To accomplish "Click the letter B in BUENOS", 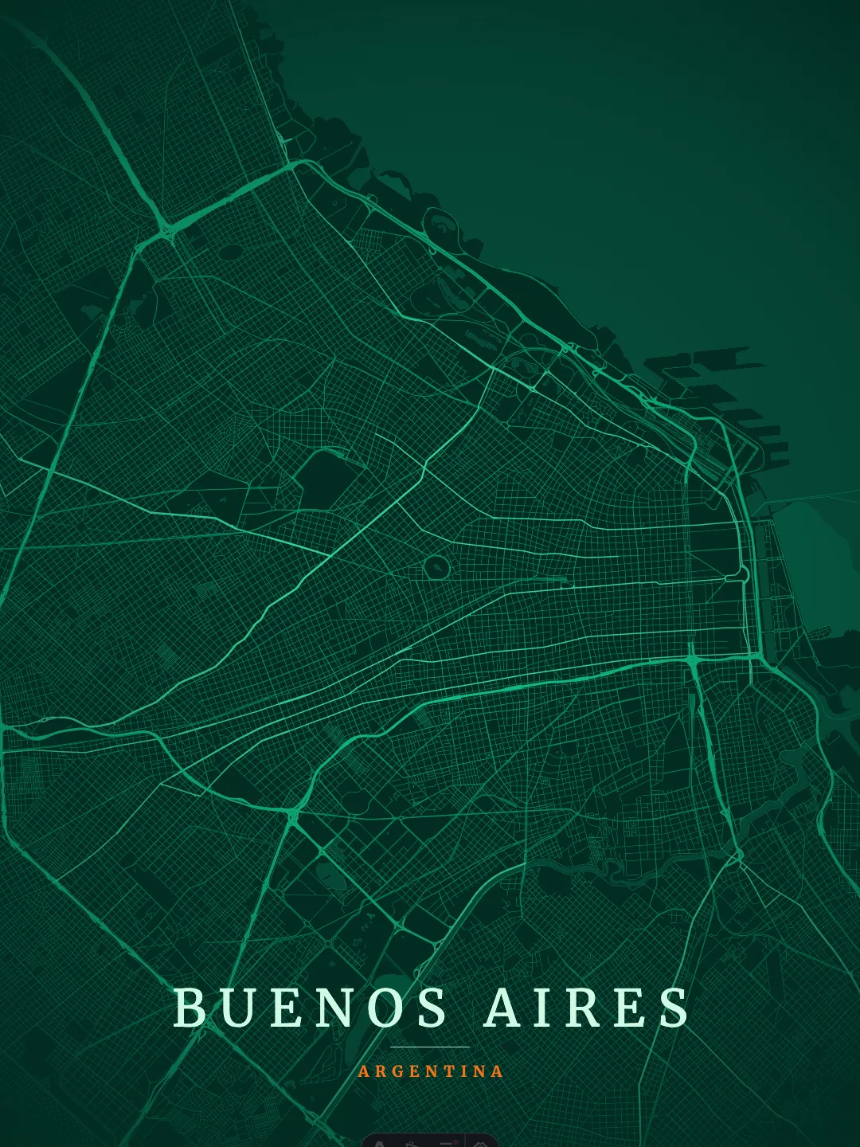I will [x=190, y=1008].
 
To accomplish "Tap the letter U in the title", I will [x=237, y=1008].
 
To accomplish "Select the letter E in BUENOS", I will [x=286, y=1008].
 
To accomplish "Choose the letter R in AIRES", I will [x=584, y=1008].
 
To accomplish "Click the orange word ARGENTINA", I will [x=430, y=1071].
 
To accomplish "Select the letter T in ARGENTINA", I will [x=449, y=1071].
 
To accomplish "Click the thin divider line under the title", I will [x=430, y=1047].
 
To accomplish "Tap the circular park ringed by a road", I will [x=436, y=567].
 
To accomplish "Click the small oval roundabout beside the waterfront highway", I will [x=742, y=572].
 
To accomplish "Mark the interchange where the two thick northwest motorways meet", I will [x=166, y=232].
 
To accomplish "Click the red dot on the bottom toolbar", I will [x=456, y=1142].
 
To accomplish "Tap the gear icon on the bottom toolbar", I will [x=481, y=1144].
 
